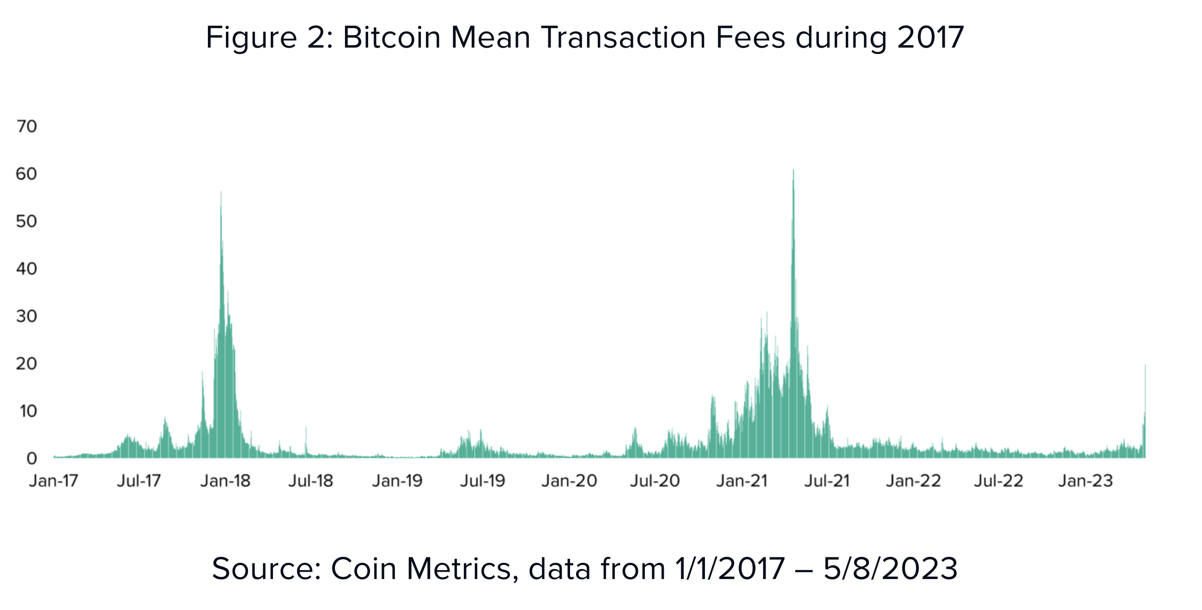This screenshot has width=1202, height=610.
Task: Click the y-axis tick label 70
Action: coord(27,127)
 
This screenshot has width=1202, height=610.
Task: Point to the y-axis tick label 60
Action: coord(27,174)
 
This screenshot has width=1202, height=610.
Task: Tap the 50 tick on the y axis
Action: coord(27,221)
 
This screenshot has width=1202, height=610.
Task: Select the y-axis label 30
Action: coord(27,317)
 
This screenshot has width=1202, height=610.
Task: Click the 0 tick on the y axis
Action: coord(31,459)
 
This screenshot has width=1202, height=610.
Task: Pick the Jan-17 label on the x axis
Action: coord(53,481)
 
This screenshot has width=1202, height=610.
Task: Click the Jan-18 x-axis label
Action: coord(225,481)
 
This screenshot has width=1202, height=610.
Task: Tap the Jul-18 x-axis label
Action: coord(311,481)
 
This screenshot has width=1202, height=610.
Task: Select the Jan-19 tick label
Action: coord(397,481)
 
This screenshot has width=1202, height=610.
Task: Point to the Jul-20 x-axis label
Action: coord(655,481)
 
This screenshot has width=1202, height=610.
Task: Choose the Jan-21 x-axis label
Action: coord(742,481)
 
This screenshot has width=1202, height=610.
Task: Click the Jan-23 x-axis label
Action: coord(1085,481)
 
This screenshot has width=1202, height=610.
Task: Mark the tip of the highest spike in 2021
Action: coord(793,171)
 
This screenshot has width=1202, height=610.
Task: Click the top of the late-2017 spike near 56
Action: coord(221,192)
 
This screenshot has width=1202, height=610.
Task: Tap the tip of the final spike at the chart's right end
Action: coord(1145,366)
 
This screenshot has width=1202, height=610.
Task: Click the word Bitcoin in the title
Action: coord(391,37)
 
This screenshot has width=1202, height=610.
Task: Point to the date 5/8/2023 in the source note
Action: coord(890,569)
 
